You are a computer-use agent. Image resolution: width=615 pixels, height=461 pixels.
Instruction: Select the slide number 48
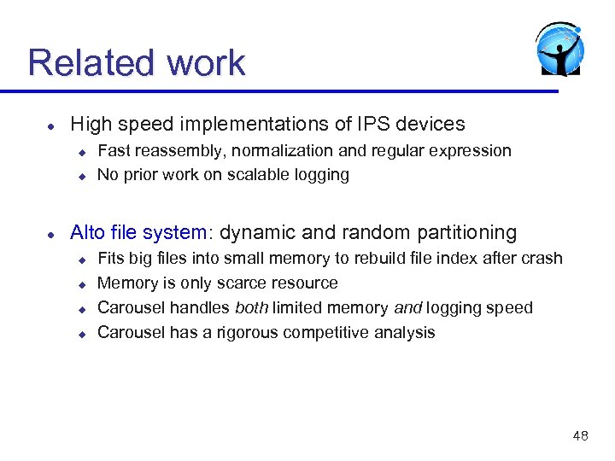580,436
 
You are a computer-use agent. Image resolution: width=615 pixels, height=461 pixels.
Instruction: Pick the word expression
472,151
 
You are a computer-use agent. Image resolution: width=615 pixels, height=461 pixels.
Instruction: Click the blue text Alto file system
138,233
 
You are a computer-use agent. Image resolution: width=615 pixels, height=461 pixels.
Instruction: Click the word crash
543,259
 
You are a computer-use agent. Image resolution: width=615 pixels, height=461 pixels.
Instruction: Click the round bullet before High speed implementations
51,125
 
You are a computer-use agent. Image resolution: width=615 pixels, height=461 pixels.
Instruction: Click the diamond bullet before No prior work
83,176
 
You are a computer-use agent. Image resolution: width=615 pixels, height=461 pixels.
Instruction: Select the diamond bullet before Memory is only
83,284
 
